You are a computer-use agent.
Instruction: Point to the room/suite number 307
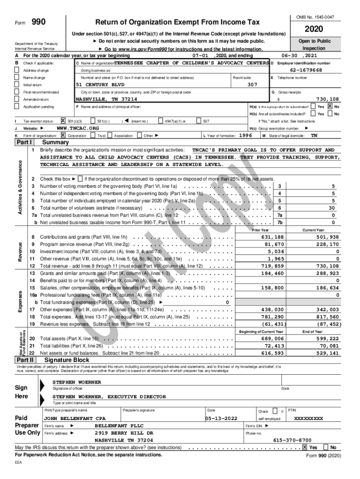pos(252,85)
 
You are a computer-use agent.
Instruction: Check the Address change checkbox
pos(18,70)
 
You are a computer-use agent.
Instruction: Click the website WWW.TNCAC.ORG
pos(78,128)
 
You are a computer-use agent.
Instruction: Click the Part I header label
pos(24,142)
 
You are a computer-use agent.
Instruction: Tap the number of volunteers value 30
pos(332,208)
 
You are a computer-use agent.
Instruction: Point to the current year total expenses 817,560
pos(327,316)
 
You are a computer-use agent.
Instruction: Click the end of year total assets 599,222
pos(327,338)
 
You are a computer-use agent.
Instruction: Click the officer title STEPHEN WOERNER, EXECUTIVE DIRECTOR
pos(109,396)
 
